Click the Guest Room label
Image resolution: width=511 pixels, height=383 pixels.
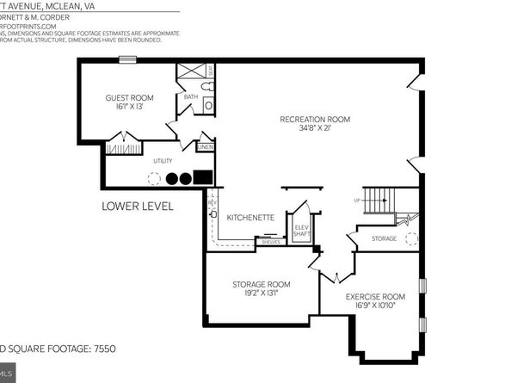tap(129, 98)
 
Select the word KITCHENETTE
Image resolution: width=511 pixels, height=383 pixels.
tap(250, 218)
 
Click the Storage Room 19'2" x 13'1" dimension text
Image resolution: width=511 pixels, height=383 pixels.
tap(261, 293)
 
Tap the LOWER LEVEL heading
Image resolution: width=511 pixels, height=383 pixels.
tap(138, 207)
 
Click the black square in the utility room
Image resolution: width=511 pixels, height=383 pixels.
tap(203, 178)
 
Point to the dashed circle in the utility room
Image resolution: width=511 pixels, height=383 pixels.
tap(153, 179)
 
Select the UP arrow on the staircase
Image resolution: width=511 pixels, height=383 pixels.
tap(357, 201)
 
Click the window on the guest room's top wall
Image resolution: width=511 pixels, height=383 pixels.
tap(127, 59)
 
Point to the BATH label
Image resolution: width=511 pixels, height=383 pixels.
tap(191, 97)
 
